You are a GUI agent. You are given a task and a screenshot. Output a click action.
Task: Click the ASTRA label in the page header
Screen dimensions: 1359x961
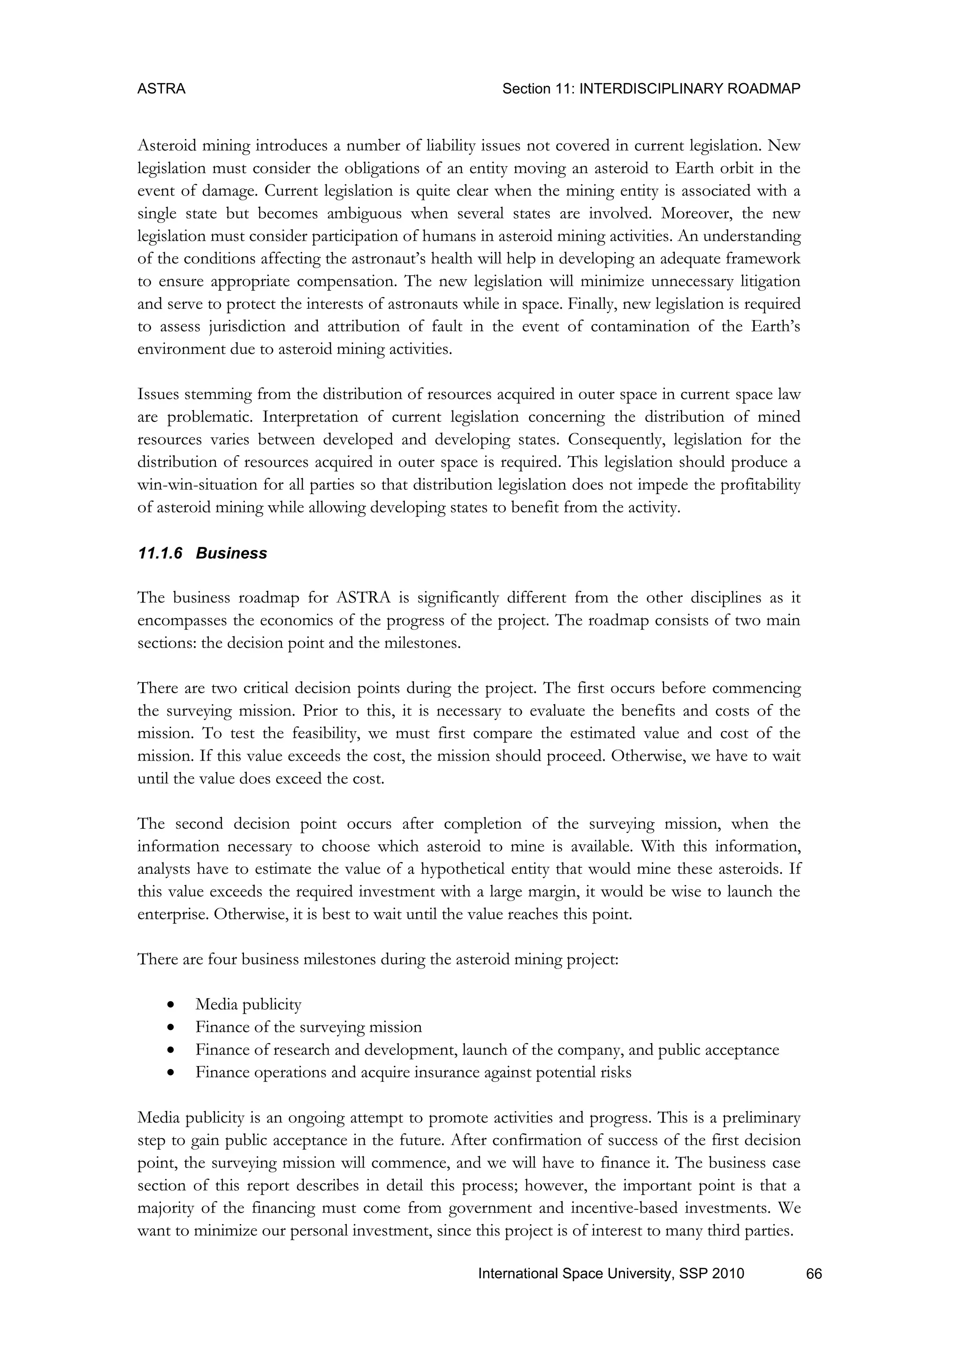161,89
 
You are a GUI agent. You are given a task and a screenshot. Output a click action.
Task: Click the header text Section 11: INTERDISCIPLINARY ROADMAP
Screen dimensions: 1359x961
651,89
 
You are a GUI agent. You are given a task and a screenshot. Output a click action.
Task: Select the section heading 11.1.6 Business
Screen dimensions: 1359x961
202,553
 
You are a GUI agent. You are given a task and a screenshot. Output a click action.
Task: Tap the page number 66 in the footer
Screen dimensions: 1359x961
814,1274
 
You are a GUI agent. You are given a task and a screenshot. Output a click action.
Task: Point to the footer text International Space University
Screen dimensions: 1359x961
573,1274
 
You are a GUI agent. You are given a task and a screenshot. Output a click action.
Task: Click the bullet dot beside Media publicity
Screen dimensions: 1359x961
170,1004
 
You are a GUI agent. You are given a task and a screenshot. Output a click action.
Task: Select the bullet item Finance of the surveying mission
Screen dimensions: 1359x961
308,1027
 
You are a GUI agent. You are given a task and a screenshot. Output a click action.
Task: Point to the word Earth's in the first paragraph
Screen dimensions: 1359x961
775,326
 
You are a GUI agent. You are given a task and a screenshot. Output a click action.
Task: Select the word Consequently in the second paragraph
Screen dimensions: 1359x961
617,440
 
